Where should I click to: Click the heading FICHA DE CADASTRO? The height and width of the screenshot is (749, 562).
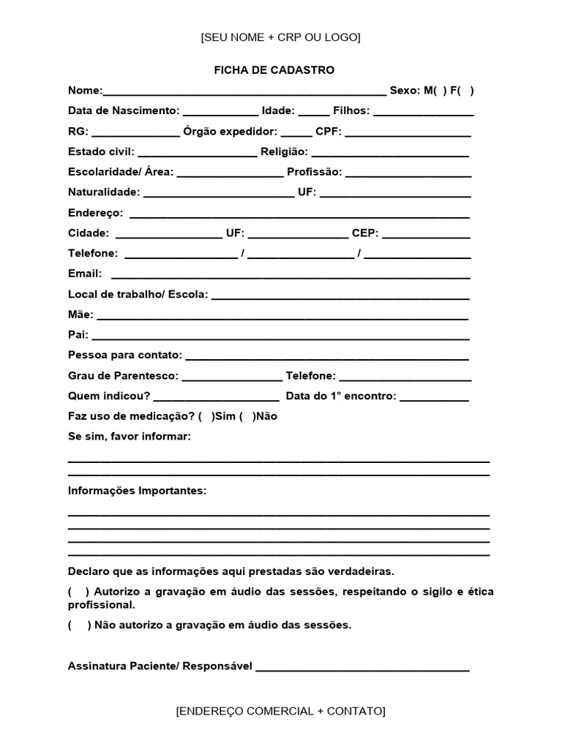274,70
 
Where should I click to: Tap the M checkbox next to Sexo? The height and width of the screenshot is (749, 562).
439,91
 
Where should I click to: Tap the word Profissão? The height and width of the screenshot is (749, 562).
314,172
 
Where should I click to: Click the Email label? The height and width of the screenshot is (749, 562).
84,274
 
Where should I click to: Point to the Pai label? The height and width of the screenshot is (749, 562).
78,335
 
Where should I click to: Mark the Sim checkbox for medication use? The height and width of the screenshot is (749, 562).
205,416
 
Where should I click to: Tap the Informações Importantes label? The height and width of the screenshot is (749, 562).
137,491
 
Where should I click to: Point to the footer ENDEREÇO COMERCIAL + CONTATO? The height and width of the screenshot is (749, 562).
280,711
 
